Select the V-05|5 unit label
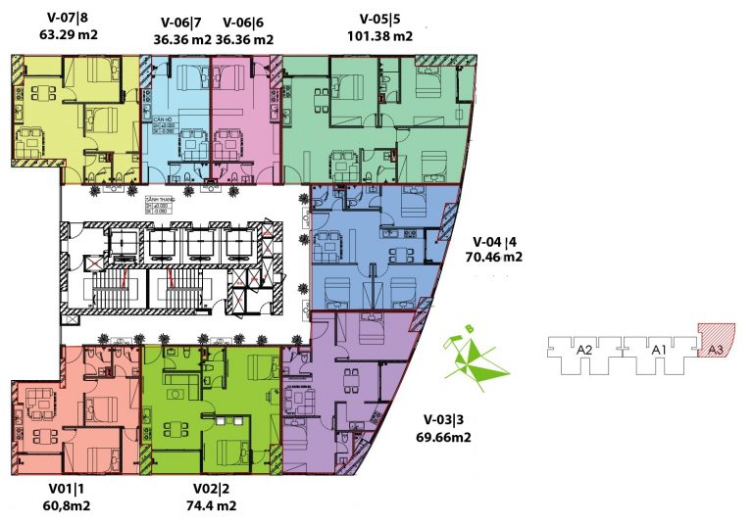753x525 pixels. click(379, 19)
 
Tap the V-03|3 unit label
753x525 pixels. click(440, 420)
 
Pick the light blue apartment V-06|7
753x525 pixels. click(177, 118)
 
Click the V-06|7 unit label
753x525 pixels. click(182, 23)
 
